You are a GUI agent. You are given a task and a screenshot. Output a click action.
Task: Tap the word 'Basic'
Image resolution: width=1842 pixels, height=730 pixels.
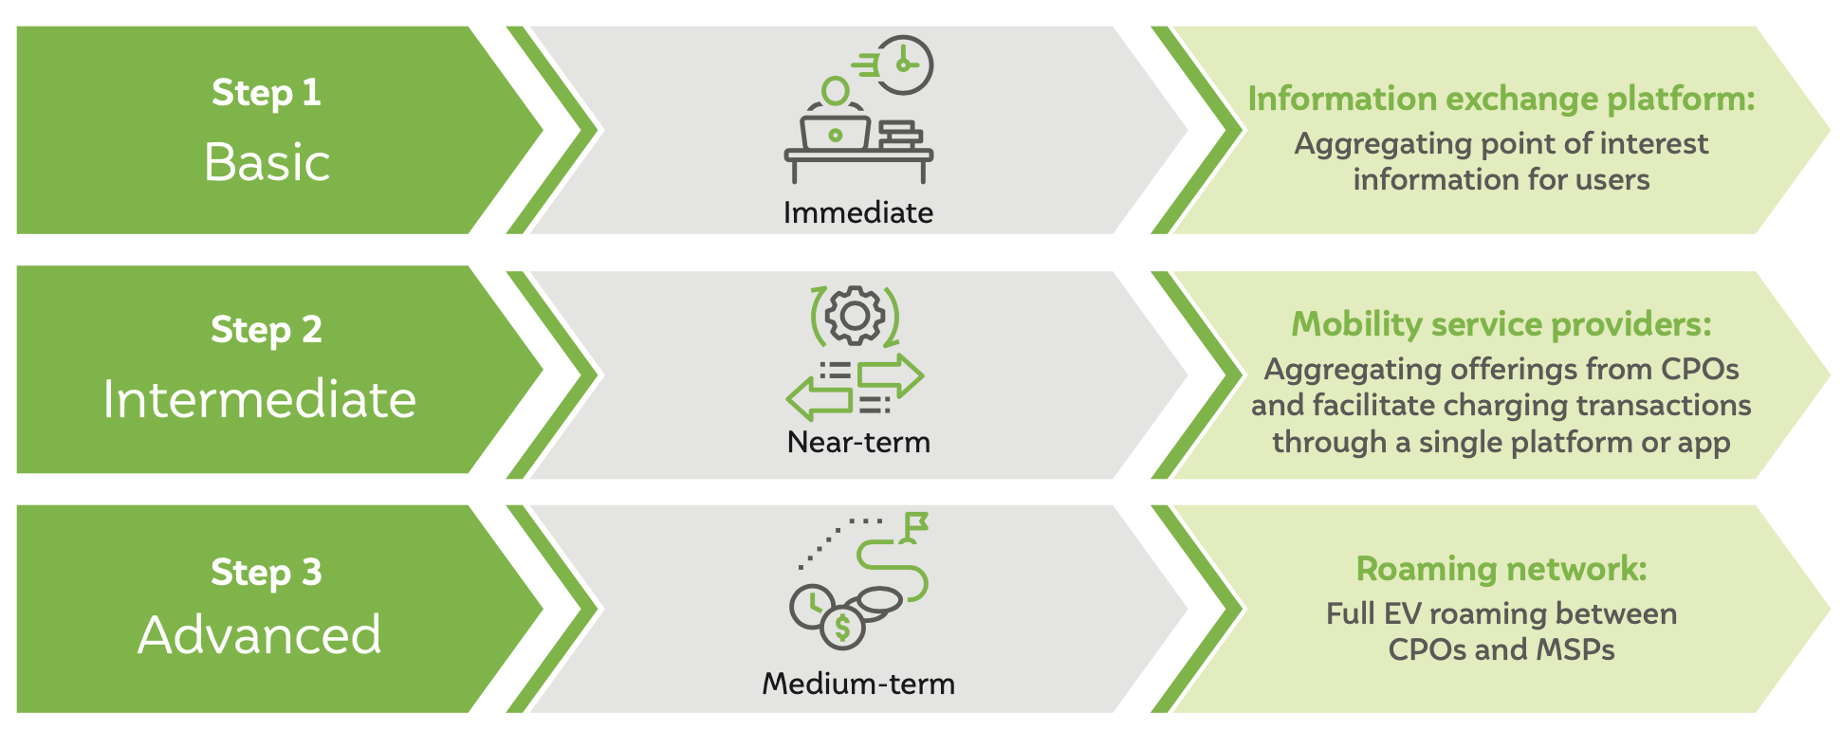point(267,162)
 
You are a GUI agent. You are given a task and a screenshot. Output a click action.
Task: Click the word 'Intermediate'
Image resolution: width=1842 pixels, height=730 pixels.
point(259,399)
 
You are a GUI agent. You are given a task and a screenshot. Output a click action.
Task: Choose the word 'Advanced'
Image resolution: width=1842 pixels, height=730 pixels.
point(259,635)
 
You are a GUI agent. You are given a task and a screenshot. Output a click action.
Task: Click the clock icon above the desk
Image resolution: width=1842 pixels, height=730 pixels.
point(904,65)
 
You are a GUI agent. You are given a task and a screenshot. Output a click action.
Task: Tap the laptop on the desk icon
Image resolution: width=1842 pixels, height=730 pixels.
point(835,133)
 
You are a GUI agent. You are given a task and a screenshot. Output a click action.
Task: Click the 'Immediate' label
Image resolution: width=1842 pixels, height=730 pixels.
point(857,212)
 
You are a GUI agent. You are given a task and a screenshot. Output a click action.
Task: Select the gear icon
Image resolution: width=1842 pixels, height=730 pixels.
point(855,316)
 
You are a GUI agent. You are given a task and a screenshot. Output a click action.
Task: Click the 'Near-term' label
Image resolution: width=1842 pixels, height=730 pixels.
point(858,443)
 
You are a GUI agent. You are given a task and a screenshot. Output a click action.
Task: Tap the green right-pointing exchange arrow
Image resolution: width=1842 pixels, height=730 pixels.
point(890,375)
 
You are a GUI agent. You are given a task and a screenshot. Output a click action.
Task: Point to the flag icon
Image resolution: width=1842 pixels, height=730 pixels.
point(915,527)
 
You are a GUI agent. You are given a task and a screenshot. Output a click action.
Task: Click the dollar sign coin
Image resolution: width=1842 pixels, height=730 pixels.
point(842,627)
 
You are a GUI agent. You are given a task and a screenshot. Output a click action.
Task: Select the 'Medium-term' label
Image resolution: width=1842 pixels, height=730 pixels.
point(858,684)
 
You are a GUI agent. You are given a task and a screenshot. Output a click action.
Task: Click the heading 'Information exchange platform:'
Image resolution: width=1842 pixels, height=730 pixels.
point(1501,99)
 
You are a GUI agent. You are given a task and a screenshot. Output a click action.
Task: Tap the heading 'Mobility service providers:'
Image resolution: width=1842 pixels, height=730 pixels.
point(1501,324)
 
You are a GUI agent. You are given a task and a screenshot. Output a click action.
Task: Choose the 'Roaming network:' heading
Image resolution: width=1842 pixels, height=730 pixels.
point(1501,569)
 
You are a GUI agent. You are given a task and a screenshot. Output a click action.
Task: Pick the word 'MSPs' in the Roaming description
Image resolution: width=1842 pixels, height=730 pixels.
point(1575,650)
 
